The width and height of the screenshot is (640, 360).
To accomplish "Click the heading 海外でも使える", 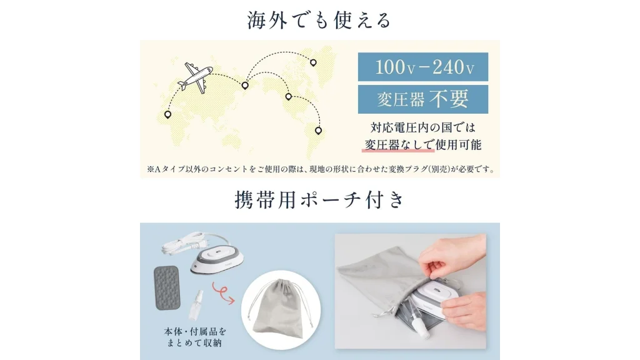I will click(319, 20).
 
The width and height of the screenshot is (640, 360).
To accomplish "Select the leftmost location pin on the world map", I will click(167, 114).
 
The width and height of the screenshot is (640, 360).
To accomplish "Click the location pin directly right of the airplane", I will click(246, 85).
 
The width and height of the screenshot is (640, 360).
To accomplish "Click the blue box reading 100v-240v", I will click(422, 67).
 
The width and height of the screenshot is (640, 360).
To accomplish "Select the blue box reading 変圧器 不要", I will click(422, 99).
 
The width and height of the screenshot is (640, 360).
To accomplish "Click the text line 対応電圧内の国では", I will click(422, 127).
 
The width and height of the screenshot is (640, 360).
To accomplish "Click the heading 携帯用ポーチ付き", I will click(319, 201).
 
